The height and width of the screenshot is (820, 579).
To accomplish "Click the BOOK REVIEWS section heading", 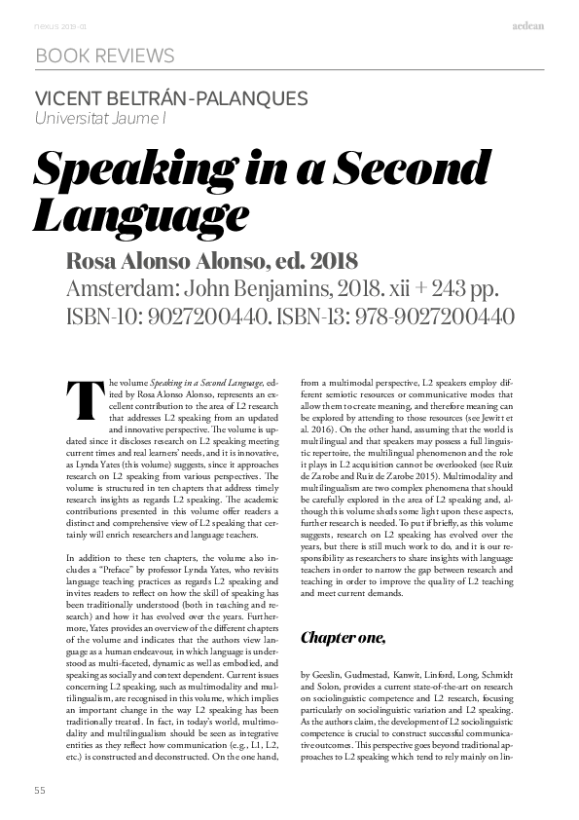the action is [x=104, y=56].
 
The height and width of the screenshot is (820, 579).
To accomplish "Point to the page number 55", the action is [x=40, y=789].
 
